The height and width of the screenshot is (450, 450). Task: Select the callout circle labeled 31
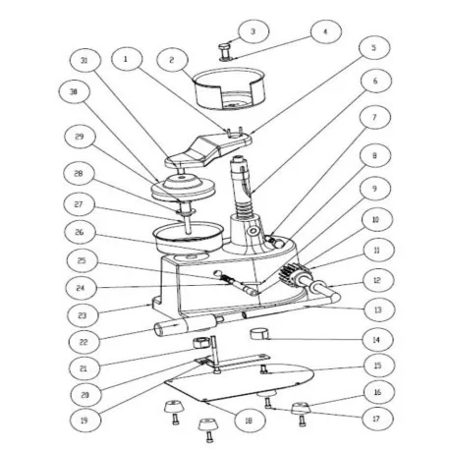pos(85,62)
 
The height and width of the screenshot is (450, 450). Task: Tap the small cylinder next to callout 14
pos(259,337)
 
